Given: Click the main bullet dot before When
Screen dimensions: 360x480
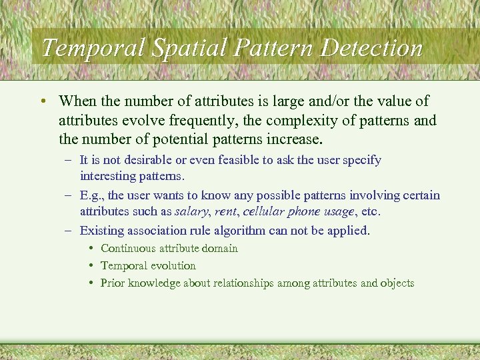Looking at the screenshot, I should (43, 101).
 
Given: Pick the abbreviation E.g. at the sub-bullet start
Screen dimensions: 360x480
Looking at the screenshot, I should (91, 195).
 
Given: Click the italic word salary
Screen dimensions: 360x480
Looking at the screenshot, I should (191, 211).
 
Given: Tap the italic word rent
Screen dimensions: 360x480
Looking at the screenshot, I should (225, 211).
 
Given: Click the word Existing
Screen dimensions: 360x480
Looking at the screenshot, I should (101, 231).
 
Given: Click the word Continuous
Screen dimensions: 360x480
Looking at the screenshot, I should (127, 248).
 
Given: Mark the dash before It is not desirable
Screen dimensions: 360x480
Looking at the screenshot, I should (69, 160).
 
